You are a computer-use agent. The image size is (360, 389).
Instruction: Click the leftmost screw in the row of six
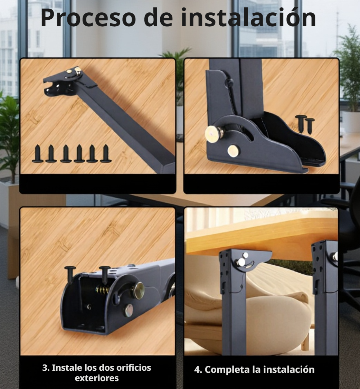click(38, 154)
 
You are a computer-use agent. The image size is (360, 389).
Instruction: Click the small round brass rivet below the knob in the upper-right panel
click(233, 150)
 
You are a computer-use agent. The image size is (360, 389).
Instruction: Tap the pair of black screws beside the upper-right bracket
click(305, 124)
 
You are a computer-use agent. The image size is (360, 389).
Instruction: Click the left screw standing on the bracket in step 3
click(70, 275)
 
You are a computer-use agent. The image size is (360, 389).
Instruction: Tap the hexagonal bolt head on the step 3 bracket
click(129, 310)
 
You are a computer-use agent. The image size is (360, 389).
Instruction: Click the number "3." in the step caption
click(46, 368)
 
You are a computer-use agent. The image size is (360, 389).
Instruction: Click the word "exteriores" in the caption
click(97, 378)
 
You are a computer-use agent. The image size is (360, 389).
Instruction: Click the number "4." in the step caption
click(198, 370)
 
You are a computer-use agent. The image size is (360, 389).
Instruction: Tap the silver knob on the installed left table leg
click(241, 262)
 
